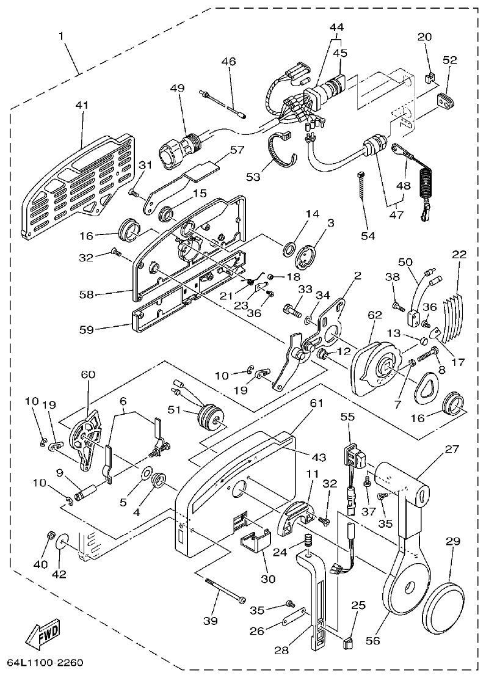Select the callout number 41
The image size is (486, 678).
coord(81,105)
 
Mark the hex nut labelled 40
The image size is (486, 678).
coord(50,536)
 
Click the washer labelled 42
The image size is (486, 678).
coord(63,542)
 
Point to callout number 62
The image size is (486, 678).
coord(374,316)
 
